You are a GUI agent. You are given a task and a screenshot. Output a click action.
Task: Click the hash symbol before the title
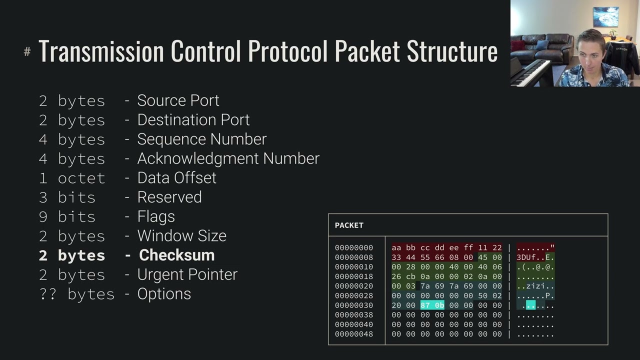[27, 51]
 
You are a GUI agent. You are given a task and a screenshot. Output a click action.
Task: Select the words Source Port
[178, 100]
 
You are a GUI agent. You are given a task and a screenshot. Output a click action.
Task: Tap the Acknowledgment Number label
[228, 158]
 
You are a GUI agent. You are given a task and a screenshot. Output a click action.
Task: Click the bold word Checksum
[176, 255]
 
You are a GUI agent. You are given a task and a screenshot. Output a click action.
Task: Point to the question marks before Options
[48, 294]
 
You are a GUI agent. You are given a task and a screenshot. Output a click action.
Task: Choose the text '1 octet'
[72, 178]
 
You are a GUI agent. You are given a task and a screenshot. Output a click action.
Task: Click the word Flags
[156, 216]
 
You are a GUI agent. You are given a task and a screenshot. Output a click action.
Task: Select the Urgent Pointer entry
[187, 274]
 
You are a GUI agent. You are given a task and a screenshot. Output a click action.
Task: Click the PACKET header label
[349, 225]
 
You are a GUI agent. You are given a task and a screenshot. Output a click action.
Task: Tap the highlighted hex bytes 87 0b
[432, 305]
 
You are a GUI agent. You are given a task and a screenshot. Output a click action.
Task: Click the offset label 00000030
[354, 305]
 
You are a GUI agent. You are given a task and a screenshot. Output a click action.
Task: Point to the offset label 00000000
[354, 247]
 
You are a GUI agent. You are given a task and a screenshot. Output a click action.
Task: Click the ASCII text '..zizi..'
[535, 286]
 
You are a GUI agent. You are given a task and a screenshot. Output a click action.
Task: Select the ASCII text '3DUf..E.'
[535, 257]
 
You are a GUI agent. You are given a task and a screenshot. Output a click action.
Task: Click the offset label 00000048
[354, 334]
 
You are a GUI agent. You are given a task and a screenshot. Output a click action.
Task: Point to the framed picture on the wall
[605, 16]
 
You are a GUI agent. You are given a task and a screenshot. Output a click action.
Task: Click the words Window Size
[181, 235]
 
